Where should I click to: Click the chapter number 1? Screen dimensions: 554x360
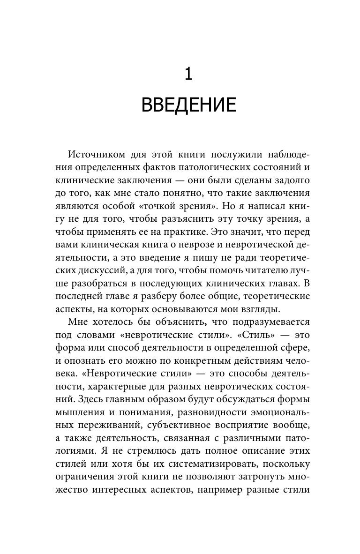pyautogui.click(x=188, y=74)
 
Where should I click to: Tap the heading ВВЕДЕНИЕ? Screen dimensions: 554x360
pyautogui.click(x=188, y=105)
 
